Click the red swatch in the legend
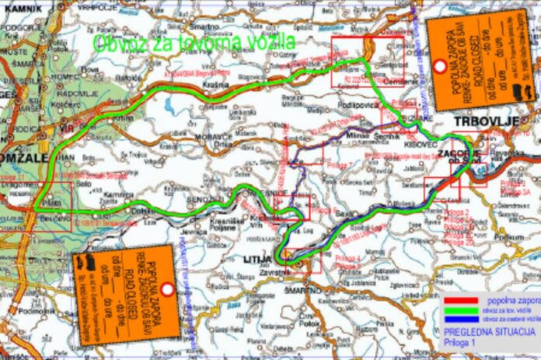pos(461,299)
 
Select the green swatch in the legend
pos(461,309)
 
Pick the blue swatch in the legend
pos(461,319)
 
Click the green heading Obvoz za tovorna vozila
pos(194,44)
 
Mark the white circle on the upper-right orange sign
pos(439,67)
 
